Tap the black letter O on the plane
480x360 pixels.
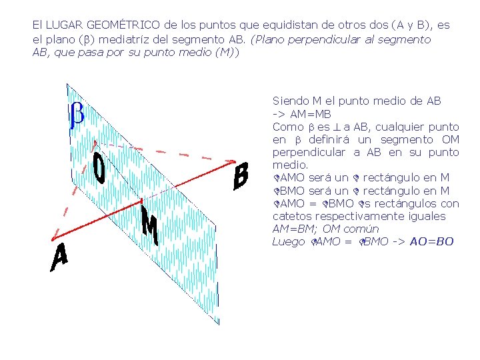coord(99,169)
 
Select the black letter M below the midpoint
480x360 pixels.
coord(151,225)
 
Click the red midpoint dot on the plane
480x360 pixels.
coord(142,199)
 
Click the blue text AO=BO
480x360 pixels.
coord(432,241)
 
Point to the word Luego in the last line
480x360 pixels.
coord(288,241)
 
